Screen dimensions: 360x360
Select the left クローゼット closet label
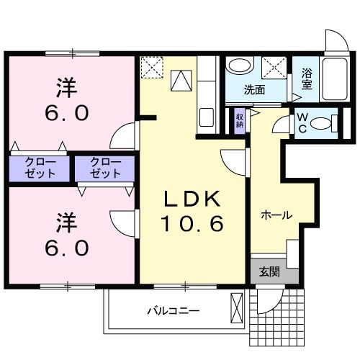pos(40,168)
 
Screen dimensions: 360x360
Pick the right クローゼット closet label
pos(105,168)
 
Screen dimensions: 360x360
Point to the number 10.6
pos(191,224)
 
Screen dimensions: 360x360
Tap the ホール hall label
pos(276,214)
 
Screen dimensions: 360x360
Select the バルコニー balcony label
pos(173,312)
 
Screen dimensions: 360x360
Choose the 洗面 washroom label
pos(253,91)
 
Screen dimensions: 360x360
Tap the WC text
pos(302,124)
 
